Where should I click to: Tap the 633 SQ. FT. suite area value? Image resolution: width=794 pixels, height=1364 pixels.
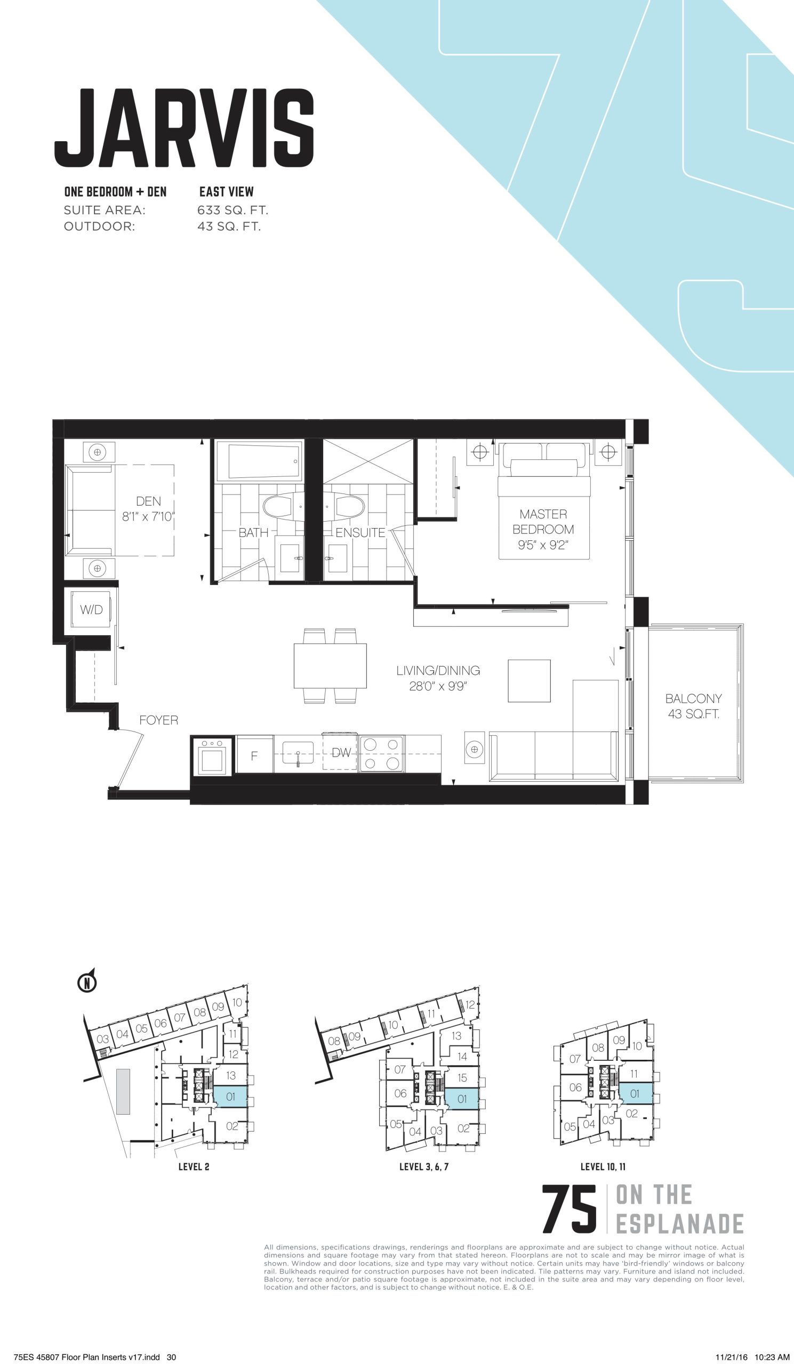(x=233, y=210)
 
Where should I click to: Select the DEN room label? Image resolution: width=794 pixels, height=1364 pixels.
(x=148, y=501)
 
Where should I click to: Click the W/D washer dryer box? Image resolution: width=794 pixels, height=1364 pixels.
(x=91, y=610)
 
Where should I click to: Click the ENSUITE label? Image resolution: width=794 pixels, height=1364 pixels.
(x=360, y=533)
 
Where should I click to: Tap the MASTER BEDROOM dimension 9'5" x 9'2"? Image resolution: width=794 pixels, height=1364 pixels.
(x=543, y=545)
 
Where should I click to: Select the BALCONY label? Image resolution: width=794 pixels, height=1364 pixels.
(x=694, y=698)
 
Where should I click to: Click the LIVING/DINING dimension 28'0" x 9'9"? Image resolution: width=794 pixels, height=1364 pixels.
(x=438, y=686)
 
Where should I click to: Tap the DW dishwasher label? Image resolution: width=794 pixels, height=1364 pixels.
(x=341, y=752)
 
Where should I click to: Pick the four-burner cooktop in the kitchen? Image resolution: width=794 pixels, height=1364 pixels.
(x=382, y=753)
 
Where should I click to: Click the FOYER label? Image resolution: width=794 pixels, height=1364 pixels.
(x=159, y=720)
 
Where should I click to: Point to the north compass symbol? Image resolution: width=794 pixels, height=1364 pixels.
(x=87, y=982)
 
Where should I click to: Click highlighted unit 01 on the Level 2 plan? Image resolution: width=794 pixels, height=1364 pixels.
(x=231, y=1082)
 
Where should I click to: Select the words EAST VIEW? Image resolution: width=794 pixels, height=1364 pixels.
(x=227, y=192)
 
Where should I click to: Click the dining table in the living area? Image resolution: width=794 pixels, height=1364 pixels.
(x=331, y=666)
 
